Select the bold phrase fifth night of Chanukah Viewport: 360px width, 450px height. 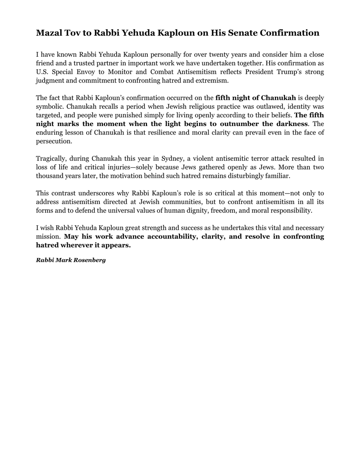(x=255, y=98)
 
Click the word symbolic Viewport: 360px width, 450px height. (x=50, y=107)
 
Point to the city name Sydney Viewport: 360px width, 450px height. (x=172, y=159)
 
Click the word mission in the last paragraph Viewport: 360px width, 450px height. (x=48, y=237)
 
